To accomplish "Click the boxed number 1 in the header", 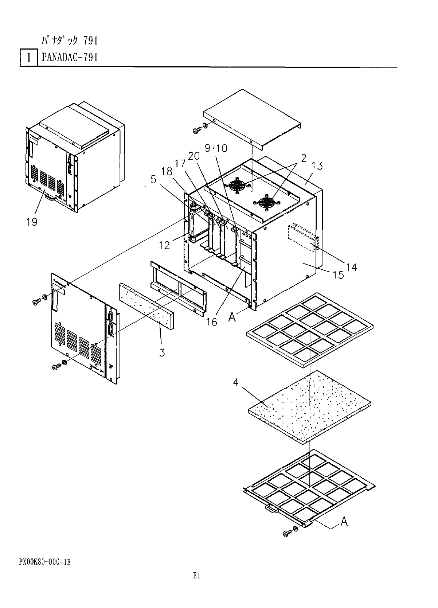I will tap(28, 58).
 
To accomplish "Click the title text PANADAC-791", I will tap(70, 58).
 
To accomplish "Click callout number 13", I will tap(317, 166).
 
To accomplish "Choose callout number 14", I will tap(352, 267).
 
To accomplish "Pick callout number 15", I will tap(338, 274).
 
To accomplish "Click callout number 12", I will tap(164, 245).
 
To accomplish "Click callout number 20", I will tap(194, 156).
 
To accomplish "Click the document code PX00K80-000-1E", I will tap(45, 562).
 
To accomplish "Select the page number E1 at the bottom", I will tap(197, 576).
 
